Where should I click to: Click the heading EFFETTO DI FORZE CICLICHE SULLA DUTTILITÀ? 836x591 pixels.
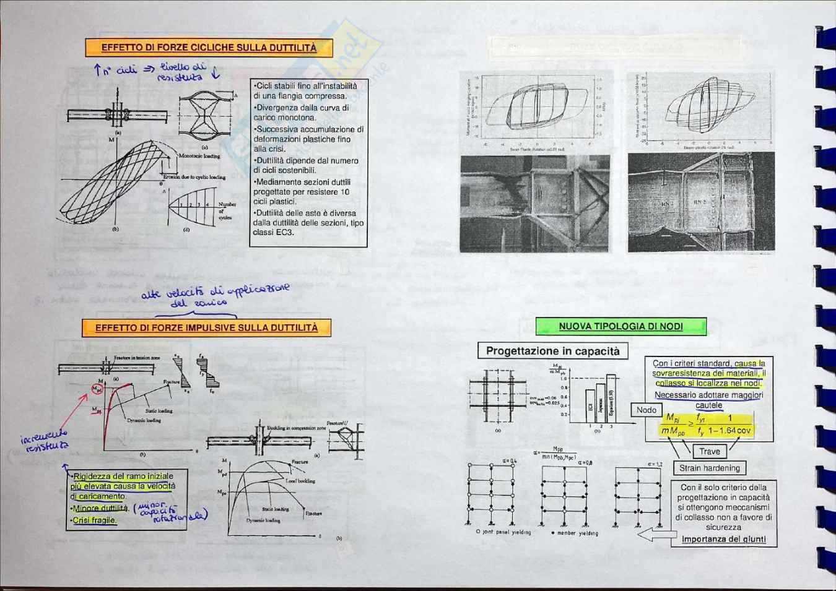click(209, 48)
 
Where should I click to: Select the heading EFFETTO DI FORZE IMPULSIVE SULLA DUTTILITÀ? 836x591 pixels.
click(206, 328)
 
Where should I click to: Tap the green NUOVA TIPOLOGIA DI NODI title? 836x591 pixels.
click(620, 327)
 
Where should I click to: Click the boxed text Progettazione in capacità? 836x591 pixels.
click(552, 352)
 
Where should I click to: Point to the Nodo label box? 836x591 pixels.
click(646, 410)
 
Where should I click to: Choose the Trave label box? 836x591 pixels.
click(709, 452)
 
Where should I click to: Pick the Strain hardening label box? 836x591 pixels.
click(709, 468)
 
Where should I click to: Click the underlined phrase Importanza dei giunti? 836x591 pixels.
click(723, 539)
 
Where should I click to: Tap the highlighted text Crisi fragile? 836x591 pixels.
click(94, 520)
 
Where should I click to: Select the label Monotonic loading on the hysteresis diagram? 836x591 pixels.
click(199, 157)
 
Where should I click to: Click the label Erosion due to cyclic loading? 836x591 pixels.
click(194, 177)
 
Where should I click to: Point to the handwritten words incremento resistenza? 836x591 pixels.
click(45, 441)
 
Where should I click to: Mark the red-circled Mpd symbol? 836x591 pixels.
click(97, 389)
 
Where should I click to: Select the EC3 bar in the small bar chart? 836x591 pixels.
click(590, 407)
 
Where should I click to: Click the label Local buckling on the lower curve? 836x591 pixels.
click(300, 481)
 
